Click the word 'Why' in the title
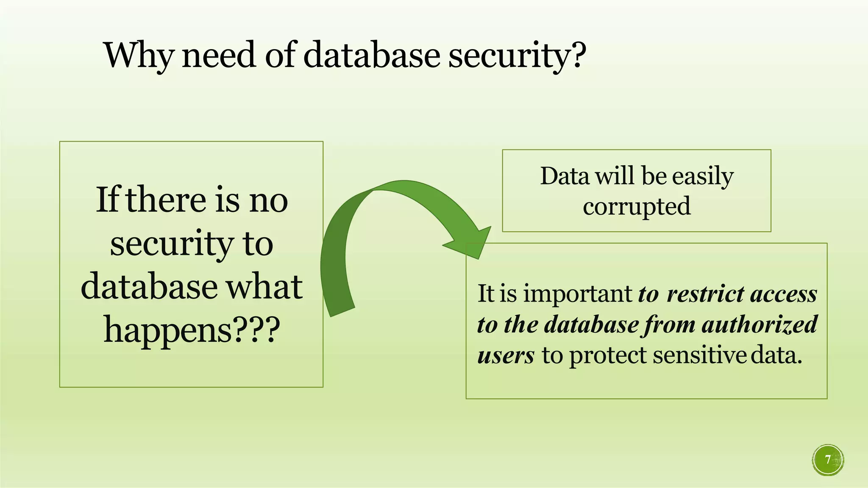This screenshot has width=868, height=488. [x=138, y=55]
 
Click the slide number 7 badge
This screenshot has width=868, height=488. [x=828, y=460]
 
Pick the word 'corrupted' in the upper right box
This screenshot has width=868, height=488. [x=637, y=207]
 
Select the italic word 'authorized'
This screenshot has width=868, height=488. [x=759, y=324]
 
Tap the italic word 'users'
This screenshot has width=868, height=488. [x=506, y=355]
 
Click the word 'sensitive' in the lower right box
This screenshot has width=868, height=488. [x=699, y=355]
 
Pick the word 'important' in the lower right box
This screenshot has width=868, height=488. [x=578, y=294]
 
